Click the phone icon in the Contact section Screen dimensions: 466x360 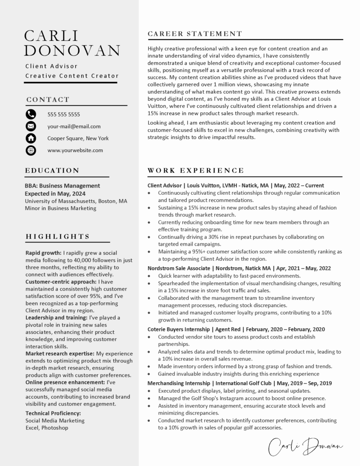(x=31, y=114)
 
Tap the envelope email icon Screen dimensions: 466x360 (x=31, y=126)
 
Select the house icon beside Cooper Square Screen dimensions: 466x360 (x=31, y=138)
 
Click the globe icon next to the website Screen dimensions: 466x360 (x=31, y=150)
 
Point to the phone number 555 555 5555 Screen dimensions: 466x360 (x=64, y=115)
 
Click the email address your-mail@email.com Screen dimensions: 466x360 (x=74, y=127)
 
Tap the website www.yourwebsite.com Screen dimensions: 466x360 (x=75, y=150)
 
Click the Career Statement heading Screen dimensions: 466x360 (x=195, y=34)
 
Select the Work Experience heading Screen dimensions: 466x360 (x=196, y=171)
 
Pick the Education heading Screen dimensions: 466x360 (x=52, y=171)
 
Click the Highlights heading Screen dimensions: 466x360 (x=58, y=237)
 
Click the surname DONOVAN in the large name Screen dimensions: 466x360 (x=72, y=50)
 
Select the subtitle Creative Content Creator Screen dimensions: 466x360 (x=72, y=76)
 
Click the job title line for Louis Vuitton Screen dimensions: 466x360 (x=236, y=186)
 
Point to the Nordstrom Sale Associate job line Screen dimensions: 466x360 (x=239, y=268)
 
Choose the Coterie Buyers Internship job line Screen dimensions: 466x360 (x=236, y=329)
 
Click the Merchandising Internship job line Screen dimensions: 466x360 (x=240, y=383)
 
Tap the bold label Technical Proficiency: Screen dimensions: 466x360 (x=53, y=413)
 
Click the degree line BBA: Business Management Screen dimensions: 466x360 (x=62, y=186)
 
